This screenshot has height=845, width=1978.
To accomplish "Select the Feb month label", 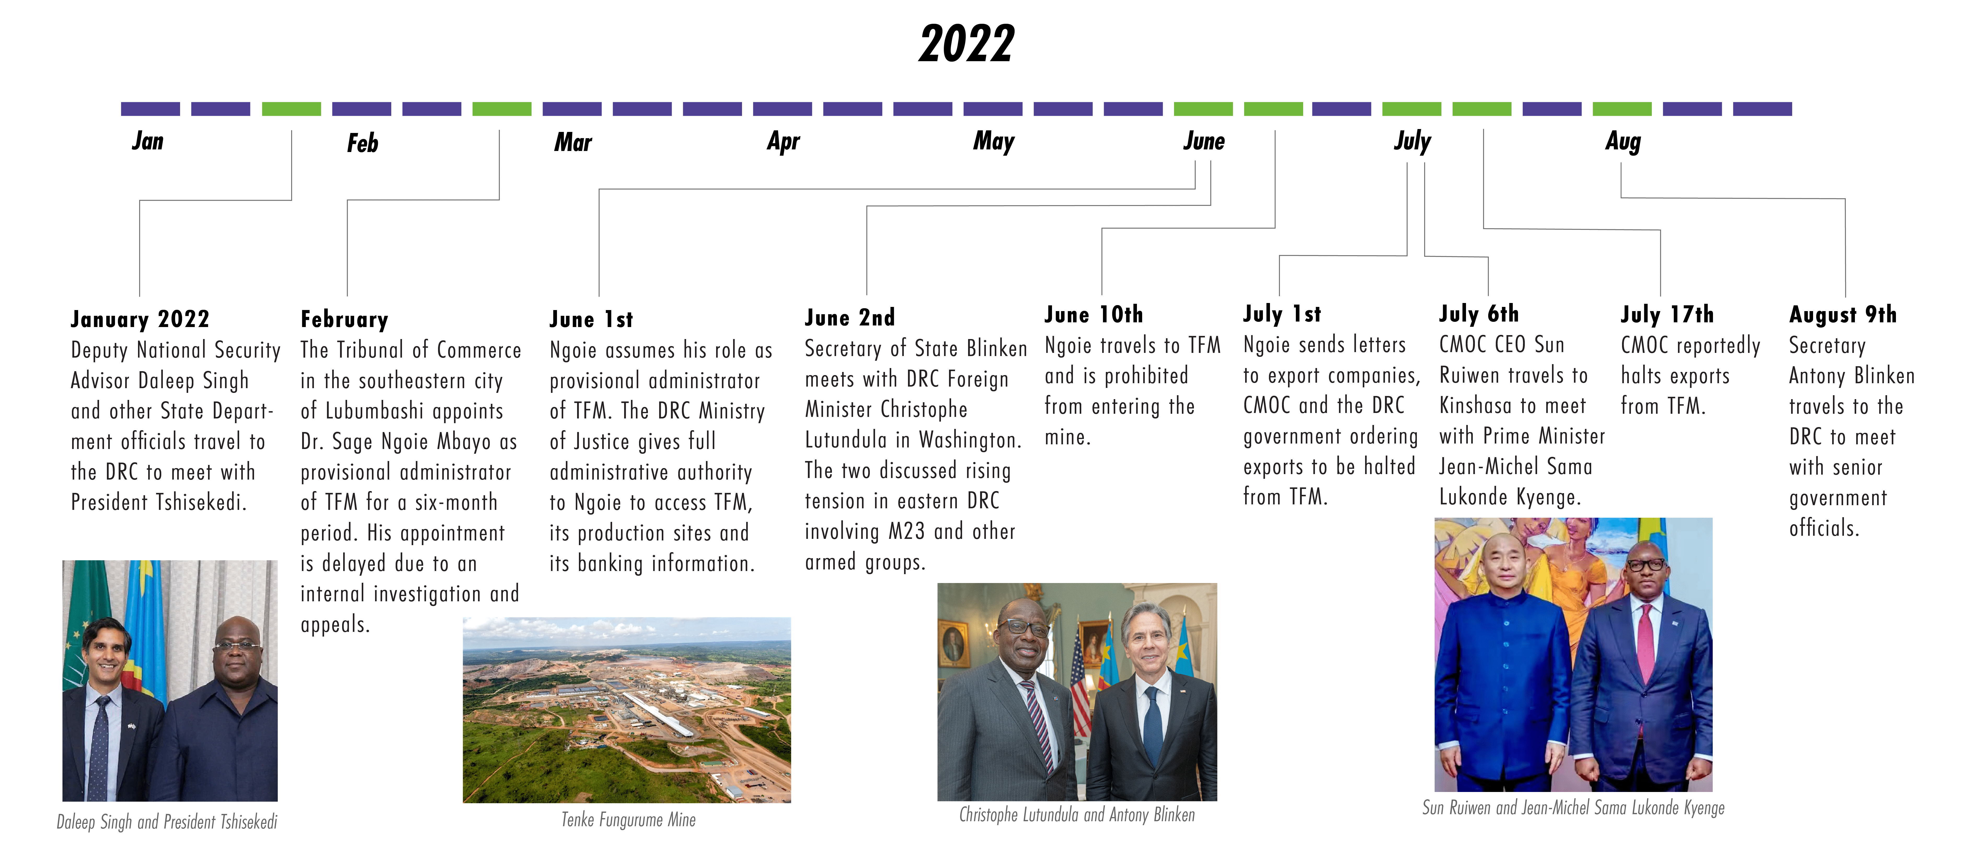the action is tap(363, 143).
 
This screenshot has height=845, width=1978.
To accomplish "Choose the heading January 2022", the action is tap(140, 318).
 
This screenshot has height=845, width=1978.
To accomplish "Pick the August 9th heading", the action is tap(1843, 315).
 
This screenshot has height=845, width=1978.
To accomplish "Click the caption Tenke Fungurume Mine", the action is tap(628, 820).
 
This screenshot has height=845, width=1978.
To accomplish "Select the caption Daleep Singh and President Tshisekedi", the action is tap(167, 822).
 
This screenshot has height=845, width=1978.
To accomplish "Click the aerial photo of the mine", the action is tap(626, 710).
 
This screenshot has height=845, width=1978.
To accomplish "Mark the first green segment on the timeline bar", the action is tap(291, 109).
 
